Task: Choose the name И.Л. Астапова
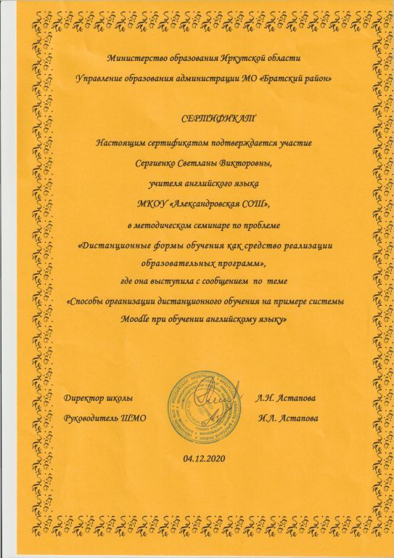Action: coord(287,418)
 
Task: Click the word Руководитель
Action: coord(92,418)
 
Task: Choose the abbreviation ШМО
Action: coord(135,418)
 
